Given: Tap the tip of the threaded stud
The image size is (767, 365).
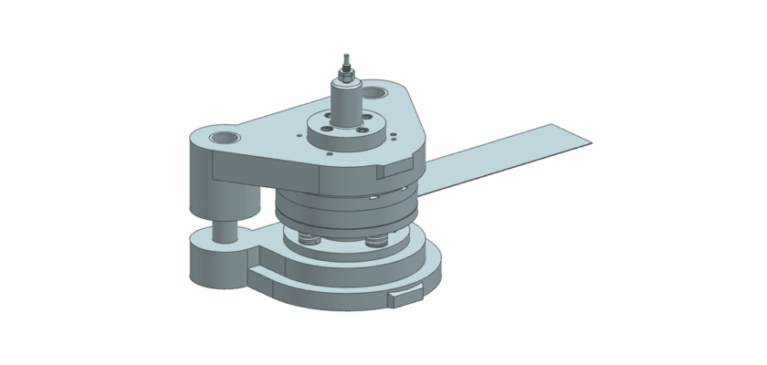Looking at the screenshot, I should (346, 55).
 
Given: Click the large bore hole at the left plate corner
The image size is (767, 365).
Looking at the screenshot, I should (224, 138).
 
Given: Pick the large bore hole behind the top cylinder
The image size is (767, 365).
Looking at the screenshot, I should (378, 92).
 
